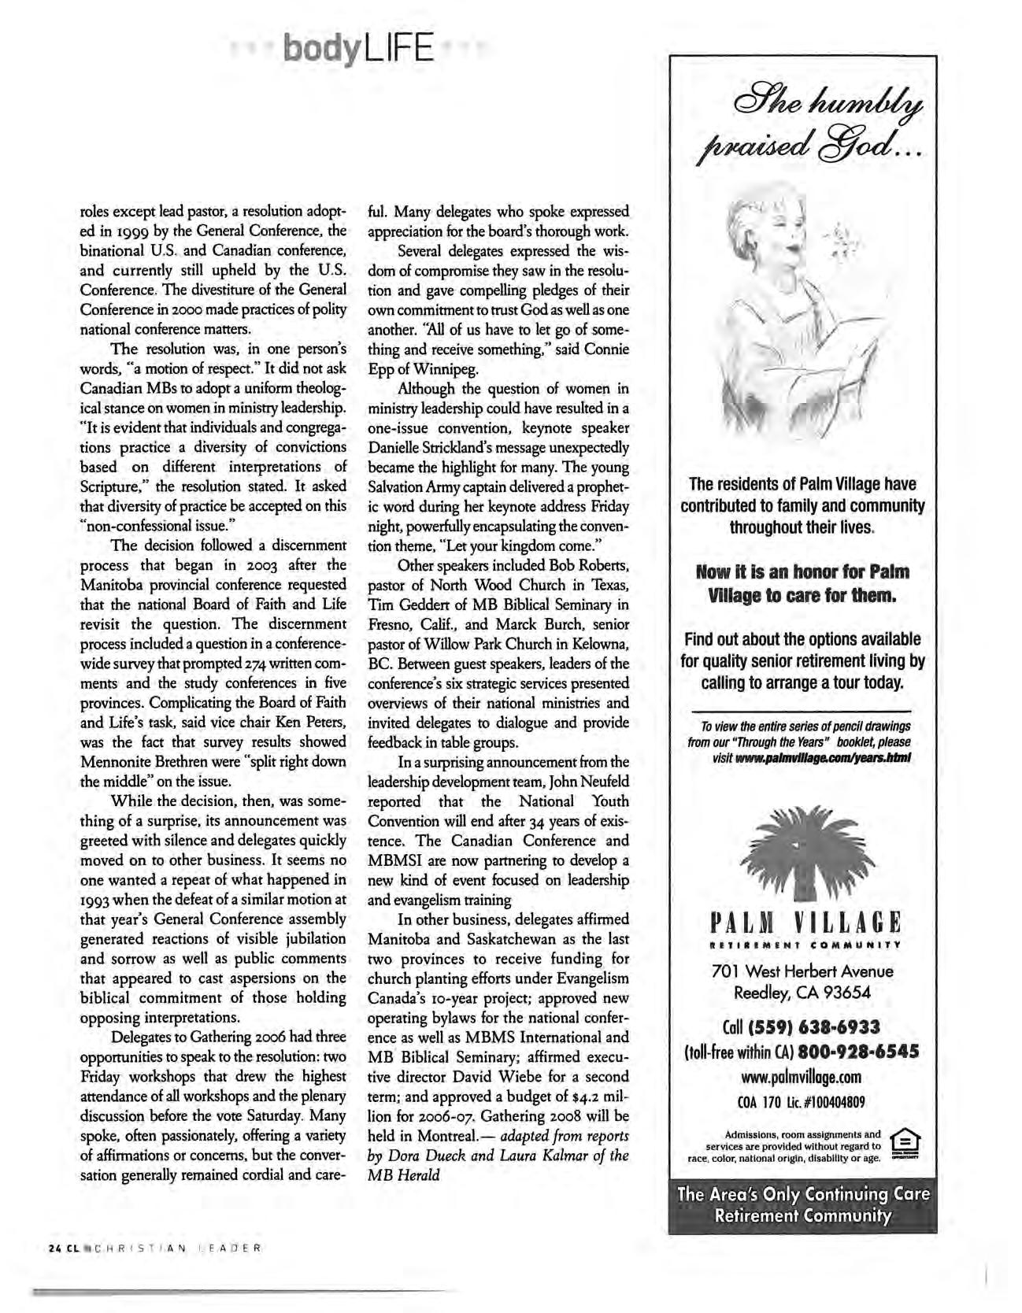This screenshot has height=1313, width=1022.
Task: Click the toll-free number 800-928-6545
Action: [859, 1052]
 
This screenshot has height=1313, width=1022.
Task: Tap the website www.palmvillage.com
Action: [802, 1076]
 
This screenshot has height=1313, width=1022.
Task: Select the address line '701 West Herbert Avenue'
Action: [802, 971]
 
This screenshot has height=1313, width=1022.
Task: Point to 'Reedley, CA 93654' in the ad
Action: [802, 993]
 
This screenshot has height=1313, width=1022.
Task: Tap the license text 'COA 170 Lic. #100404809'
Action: [802, 1100]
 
